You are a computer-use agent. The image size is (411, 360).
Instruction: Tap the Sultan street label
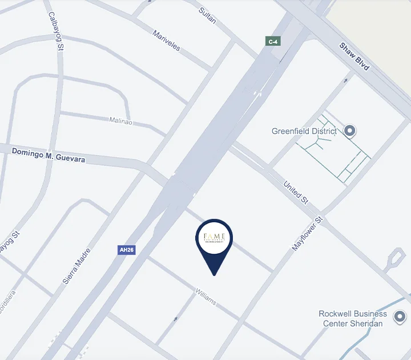pos(207,15)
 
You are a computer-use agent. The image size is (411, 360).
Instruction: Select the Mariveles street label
pos(166,41)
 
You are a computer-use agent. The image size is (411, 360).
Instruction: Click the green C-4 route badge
pos(273,41)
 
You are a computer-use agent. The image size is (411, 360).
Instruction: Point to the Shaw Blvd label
pos(354,57)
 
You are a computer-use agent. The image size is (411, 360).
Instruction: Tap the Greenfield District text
pos(304,131)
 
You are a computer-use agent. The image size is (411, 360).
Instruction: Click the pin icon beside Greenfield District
pos(350,131)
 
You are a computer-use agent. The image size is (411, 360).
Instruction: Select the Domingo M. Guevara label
pos(49,155)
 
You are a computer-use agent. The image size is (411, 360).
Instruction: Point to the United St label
pos(296,193)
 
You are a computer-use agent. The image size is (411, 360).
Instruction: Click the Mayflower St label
pos(308,234)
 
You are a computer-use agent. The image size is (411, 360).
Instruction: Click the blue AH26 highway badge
pos(127,250)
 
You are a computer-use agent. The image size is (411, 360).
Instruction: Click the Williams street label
pos(205,296)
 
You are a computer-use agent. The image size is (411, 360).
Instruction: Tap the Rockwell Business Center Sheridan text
pos(353,319)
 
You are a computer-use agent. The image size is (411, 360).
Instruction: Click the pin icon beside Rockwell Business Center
pos(400,316)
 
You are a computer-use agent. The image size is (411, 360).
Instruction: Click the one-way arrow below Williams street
pos(175,319)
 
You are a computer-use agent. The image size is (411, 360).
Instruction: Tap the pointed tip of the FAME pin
pos(214,275)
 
